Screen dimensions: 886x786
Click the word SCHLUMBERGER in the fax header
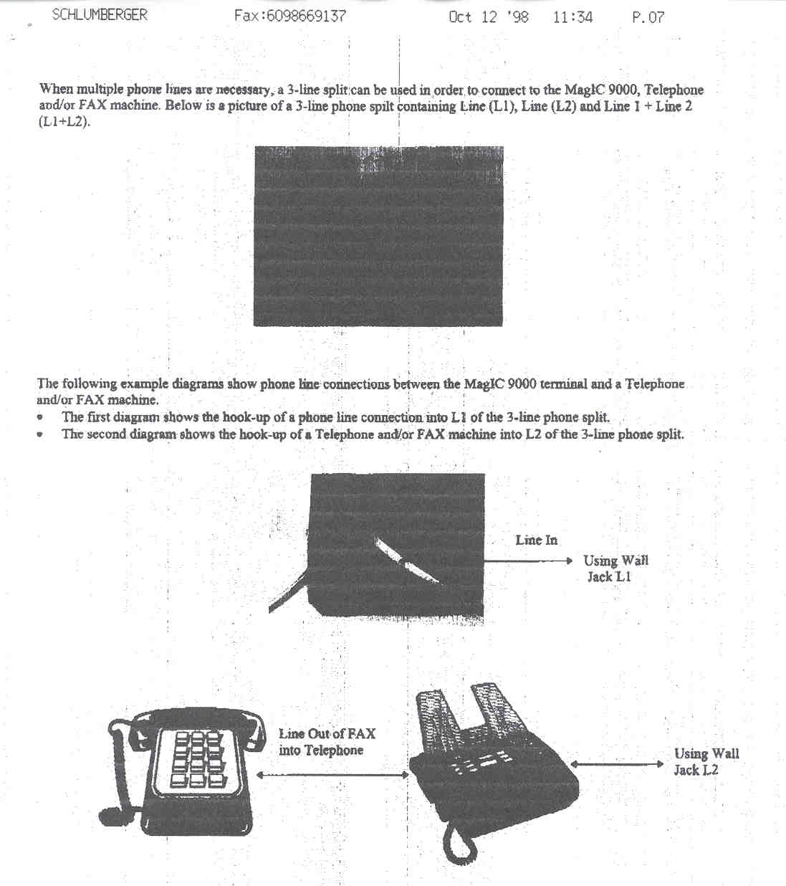point(99,14)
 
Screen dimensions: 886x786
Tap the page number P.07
point(647,17)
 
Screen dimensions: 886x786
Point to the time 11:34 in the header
point(572,17)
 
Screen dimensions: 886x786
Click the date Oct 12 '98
point(488,17)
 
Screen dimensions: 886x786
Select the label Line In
point(536,540)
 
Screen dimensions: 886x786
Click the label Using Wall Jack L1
point(615,568)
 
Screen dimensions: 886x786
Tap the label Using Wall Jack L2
point(706,761)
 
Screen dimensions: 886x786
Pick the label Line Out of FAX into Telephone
point(326,742)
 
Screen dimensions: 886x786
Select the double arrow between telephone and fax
point(332,775)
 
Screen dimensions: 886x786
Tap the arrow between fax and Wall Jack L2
point(617,764)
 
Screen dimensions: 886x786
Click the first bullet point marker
point(41,417)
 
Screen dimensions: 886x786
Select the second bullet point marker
point(41,434)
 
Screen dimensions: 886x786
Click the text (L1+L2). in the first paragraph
point(64,122)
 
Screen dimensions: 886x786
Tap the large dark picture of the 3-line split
point(378,237)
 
